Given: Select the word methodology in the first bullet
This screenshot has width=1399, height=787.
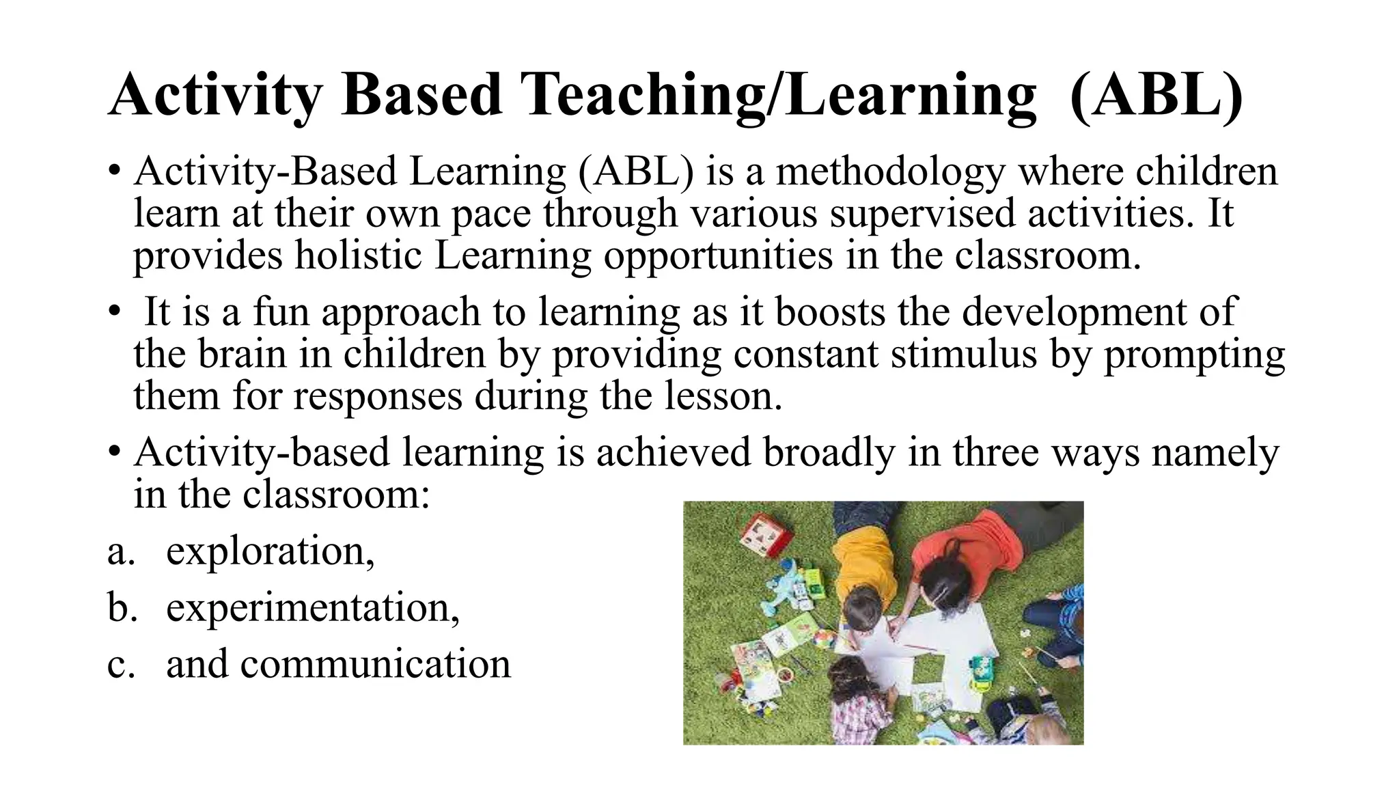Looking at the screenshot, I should coord(889,171).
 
